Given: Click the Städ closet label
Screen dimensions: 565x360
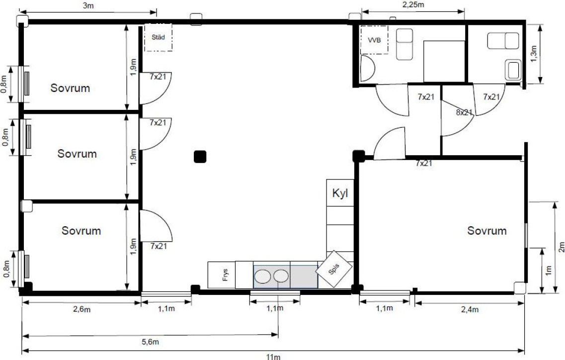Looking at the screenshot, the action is pos(158,37).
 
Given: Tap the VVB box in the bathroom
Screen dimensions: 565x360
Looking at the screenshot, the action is pos(374,40).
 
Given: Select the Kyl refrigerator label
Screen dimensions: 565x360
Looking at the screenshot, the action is pos(340,193).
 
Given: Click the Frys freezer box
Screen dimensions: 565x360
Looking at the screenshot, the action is pos(222,275).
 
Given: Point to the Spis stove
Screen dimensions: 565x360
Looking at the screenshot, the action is pos(334,269).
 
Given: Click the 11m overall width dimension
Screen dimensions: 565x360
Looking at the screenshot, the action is pos(273,357).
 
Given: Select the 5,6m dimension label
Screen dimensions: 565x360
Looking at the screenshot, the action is pos(150,342).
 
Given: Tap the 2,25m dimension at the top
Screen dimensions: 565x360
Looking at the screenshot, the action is pos(413,4).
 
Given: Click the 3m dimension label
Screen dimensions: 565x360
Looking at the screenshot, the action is pos(88,6).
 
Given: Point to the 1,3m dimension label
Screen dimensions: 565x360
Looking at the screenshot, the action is pos(534,53).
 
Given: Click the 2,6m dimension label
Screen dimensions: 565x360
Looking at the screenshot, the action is pos(82,309).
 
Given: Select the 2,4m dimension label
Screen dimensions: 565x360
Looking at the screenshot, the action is pos(470,309).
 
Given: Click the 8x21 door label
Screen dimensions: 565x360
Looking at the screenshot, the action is pos(464,112).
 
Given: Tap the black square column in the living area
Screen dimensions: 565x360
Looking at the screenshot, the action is pos(200,157).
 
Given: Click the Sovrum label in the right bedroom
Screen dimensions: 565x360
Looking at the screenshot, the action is pos(487,231).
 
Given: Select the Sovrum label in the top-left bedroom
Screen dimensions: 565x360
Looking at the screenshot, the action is pos(70,88).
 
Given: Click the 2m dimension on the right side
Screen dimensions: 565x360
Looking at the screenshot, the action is pos(561,247).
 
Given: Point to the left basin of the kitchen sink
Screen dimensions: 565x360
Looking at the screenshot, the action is pos(262,276).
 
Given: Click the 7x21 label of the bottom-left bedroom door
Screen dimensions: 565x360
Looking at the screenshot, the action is pos(159,246).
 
